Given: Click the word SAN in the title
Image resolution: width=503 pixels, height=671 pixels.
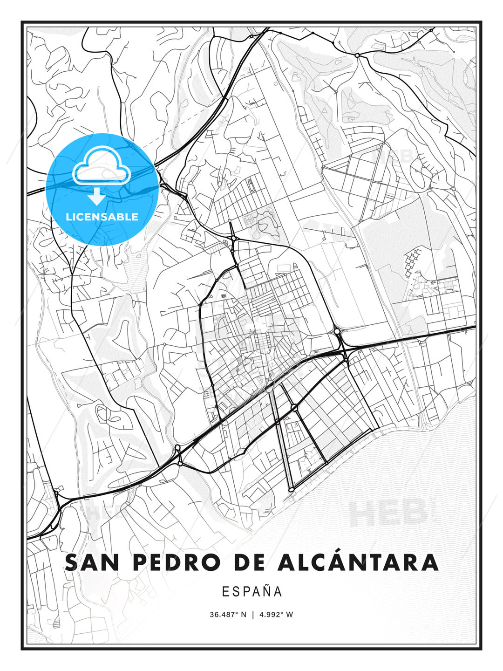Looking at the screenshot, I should pyautogui.click(x=93, y=562).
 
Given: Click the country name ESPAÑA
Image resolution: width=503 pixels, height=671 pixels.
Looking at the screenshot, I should pyautogui.click(x=252, y=591).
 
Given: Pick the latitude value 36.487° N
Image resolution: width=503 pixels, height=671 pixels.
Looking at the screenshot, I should pyautogui.click(x=228, y=615).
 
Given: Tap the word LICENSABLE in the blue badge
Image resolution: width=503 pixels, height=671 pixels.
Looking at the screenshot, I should pyautogui.click(x=102, y=217).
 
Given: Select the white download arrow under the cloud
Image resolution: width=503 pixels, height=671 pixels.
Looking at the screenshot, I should pyautogui.click(x=97, y=196).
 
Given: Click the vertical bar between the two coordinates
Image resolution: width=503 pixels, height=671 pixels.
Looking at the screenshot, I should pyautogui.click(x=252, y=615).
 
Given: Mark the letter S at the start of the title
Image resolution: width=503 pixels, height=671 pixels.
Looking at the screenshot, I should pyautogui.click(x=71, y=562).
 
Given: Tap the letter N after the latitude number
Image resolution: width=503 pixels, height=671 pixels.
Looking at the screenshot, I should pyautogui.click(x=243, y=615).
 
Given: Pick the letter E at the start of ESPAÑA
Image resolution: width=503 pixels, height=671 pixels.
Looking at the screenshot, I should pyautogui.click(x=225, y=591).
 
